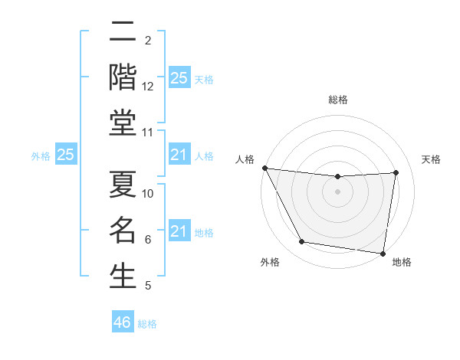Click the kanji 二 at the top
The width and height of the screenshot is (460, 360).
pos(123,32)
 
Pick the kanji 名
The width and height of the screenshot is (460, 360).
pos(123,229)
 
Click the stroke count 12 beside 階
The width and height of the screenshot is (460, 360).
pos(148,87)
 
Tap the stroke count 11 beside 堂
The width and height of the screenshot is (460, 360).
pos(148,133)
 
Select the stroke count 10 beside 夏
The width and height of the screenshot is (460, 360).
pos(148,193)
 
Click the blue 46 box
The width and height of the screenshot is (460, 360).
pos(123,322)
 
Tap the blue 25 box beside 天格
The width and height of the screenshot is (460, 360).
pos(179,78)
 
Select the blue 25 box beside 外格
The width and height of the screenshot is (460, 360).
pos(65,155)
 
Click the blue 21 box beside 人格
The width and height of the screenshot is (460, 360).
pos(179,155)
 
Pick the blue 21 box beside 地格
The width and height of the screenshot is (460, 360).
pos(179,231)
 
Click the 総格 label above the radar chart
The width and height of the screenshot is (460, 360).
pos(337,100)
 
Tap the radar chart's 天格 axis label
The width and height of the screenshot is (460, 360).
pos(431,159)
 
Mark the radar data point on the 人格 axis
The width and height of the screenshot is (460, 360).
pos(264,168)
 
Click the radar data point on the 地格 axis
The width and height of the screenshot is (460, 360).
pos(383,253)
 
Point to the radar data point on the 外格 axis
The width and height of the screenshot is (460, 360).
pos(301,243)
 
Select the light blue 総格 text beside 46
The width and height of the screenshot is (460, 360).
pos(147,324)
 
